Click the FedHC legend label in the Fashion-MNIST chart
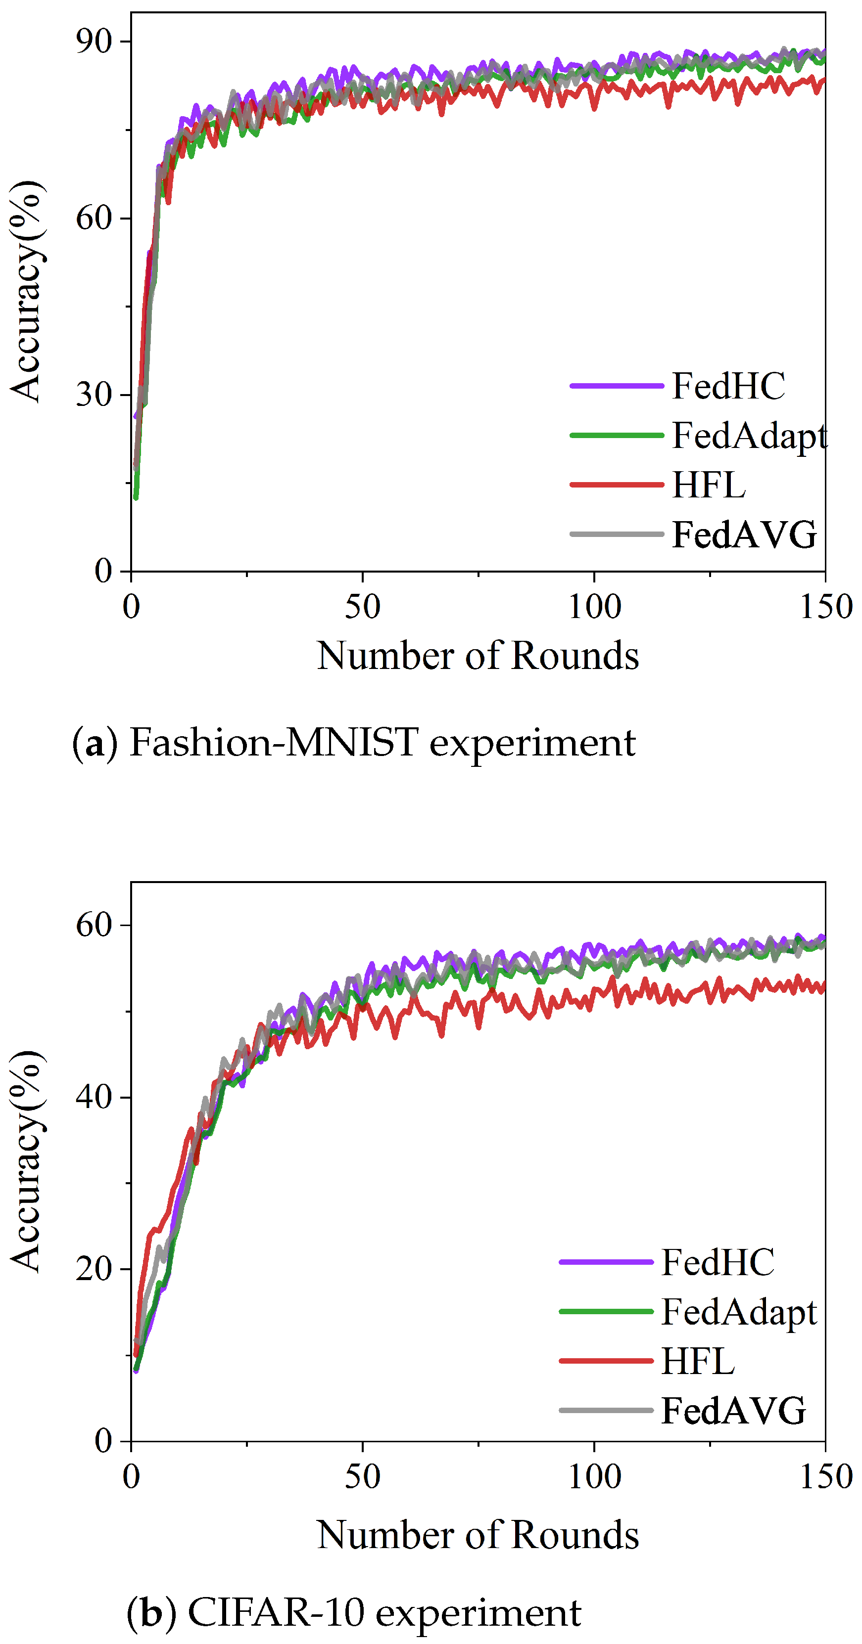(x=728, y=386)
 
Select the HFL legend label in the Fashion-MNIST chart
(x=709, y=485)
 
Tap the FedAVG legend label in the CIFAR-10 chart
(x=733, y=1411)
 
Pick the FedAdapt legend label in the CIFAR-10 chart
(x=739, y=1312)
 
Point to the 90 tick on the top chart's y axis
(x=94, y=42)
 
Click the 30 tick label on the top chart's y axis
(x=94, y=395)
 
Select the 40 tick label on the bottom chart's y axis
(x=94, y=1097)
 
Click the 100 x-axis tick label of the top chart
(x=594, y=607)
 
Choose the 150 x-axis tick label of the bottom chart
(x=825, y=1477)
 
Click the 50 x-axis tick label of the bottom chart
(x=362, y=1477)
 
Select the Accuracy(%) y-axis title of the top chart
(x=27, y=292)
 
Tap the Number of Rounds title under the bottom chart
(x=478, y=1535)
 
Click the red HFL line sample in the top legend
(x=616, y=485)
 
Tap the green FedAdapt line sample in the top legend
(x=616, y=435)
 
